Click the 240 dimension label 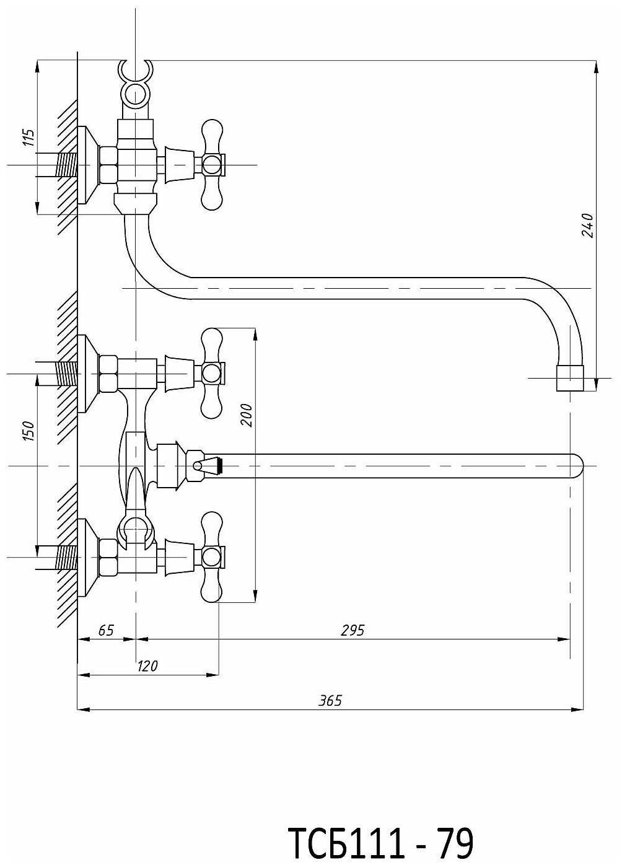pos(587,225)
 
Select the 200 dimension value pos(247,415)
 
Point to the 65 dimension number pos(106,630)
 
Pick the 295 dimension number pos(353,630)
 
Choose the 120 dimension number pos(147,666)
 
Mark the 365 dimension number pos(330,701)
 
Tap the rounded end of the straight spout pos(577,466)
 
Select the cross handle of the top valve pos(211,164)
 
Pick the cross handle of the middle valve pos(211,373)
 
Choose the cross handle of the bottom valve pos(211,556)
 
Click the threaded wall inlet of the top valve pos(67,165)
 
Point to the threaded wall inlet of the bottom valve pos(67,556)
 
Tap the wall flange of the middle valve pos(87,374)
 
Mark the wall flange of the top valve pos(87,165)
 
